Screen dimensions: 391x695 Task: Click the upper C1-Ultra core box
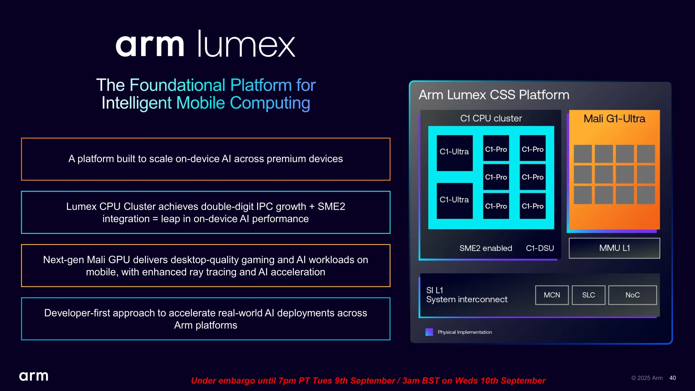point(454,152)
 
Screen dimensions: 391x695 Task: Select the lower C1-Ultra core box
point(454,201)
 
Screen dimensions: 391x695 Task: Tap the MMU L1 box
point(614,248)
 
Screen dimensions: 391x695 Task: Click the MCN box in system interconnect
point(552,295)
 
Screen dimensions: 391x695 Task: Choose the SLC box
point(588,295)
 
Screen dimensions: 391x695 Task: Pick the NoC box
point(632,295)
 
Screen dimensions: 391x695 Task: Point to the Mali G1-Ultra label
point(614,119)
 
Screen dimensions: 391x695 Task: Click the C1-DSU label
point(540,248)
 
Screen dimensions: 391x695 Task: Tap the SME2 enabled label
point(485,248)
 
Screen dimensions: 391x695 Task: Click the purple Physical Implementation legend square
point(429,332)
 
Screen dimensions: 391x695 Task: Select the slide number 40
point(673,378)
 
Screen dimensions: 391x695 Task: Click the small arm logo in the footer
point(34,377)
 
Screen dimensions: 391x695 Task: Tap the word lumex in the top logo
point(247,45)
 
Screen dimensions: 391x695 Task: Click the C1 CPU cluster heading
point(491,118)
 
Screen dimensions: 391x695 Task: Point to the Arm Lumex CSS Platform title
point(494,95)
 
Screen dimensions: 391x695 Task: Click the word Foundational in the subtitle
point(177,85)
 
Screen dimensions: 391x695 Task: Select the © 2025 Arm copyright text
point(647,378)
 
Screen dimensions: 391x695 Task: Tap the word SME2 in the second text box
point(331,206)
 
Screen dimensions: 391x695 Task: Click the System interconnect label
point(467,300)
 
